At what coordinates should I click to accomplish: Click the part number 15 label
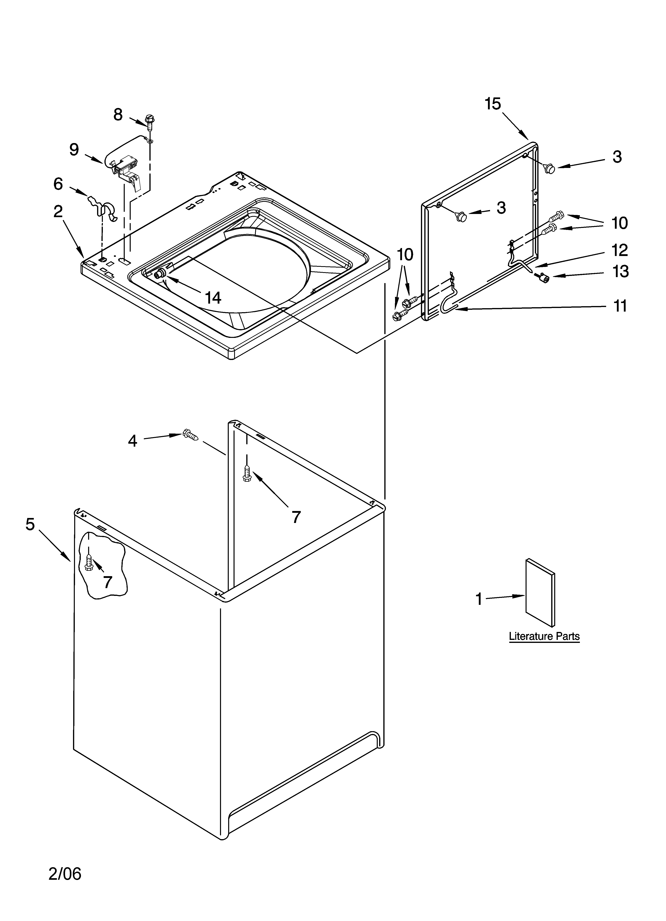[x=493, y=104]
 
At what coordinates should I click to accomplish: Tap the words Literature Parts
[x=544, y=636]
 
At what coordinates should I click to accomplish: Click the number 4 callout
[x=133, y=441]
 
